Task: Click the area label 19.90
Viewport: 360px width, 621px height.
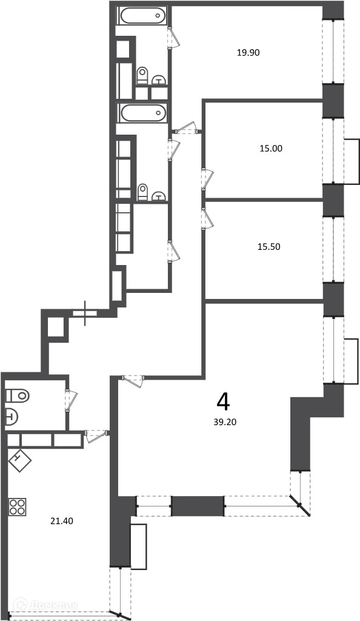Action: (248, 52)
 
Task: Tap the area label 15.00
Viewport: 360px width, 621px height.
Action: (271, 149)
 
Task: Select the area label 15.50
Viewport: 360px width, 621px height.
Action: (269, 247)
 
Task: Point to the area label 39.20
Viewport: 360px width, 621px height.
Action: (225, 422)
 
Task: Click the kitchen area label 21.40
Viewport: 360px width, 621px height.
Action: (62, 521)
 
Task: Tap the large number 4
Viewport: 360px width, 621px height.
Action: (224, 403)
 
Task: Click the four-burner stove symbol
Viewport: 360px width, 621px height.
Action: (18, 507)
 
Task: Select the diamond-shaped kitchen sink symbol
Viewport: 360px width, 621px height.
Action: (20, 461)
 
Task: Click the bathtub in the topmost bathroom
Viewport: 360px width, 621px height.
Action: (142, 16)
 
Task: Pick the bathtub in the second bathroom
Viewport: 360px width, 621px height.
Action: (142, 113)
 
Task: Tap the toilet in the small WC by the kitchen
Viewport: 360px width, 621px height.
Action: (18, 395)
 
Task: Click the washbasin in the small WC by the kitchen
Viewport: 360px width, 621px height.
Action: (12, 417)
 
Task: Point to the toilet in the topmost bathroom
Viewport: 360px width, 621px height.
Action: (142, 75)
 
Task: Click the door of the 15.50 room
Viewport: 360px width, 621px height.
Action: (208, 218)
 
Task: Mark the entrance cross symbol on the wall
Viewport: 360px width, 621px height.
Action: (85, 314)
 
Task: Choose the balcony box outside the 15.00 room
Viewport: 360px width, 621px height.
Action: (352, 161)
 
